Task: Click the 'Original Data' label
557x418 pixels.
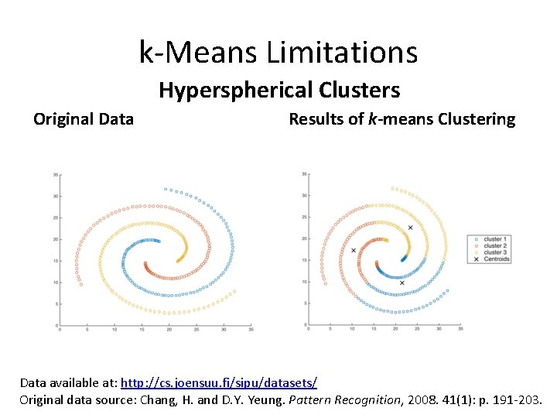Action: coord(84,119)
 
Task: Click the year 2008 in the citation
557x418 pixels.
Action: coord(422,399)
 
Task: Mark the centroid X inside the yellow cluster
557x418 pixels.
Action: coord(410,228)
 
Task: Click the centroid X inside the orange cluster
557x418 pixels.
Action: coord(354,251)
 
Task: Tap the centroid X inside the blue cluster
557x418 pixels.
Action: coord(402,283)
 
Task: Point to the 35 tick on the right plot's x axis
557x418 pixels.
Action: coord(460,331)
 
